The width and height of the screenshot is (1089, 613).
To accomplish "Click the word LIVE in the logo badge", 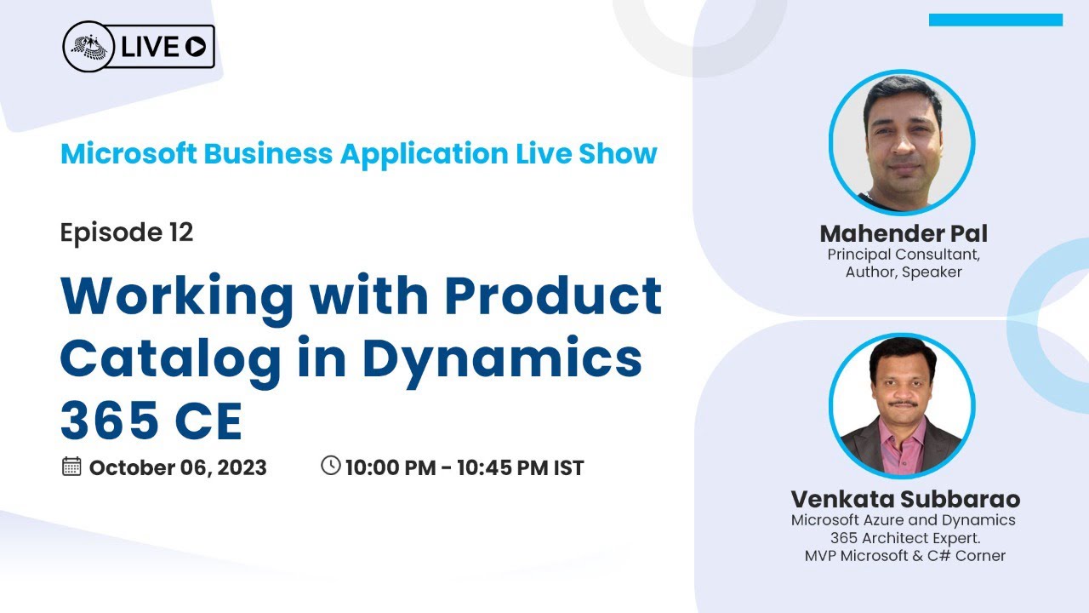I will pyautogui.click(x=150, y=48).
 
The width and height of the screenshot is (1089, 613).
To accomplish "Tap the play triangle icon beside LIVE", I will pyautogui.click(x=196, y=48).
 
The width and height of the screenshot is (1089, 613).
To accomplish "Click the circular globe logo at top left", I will pyautogui.click(x=89, y=47).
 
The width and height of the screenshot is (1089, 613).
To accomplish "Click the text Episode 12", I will pyautogui.click(x=127, y=232).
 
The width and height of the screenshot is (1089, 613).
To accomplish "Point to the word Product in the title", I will pyautogui.click(x=553, y=295).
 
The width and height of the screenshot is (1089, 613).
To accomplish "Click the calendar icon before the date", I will pyautogui.click(x=71, y=466).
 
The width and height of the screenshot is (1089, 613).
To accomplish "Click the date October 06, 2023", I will pyautogui.click(x=178, y=467).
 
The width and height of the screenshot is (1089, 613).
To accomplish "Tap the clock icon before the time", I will pyautogui.click(x=330, y=465).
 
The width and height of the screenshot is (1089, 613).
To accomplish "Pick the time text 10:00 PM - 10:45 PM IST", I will pyautogui.click(x=465, y=467).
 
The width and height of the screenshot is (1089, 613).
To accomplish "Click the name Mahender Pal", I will pyautogui.click(x=904, y=233).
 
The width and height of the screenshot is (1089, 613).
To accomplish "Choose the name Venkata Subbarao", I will pyautogui.click(x=905, y=499).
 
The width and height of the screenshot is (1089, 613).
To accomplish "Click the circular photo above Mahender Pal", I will pyautogui.click(x=902, y=142).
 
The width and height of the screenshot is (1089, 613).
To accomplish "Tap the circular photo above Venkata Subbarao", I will pyautogui.click(x=902, y=406).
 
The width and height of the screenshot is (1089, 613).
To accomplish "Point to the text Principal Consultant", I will pyautogui.click(x=904, y=255).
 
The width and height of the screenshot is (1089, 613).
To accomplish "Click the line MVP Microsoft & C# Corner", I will pyautogui.click(x=905, y=556).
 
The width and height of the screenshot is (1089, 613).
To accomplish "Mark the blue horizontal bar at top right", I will pyautogui.click(x=995, y=20).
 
